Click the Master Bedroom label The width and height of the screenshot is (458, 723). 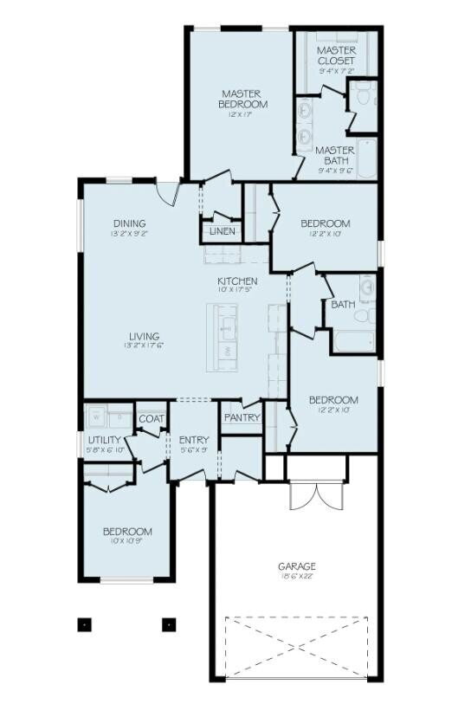point(242,99)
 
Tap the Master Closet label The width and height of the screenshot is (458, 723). point(336,56)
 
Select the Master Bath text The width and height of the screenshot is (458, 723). point(335,155)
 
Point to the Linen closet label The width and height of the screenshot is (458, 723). point(219,231)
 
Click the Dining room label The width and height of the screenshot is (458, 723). point(128,223)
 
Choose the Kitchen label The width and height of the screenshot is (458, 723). point(236,281)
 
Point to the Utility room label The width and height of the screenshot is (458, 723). point(104,440)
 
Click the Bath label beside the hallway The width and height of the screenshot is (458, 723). point(343,304)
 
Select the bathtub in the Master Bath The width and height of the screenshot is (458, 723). point(366,160)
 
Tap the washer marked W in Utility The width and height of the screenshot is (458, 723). point(96,414)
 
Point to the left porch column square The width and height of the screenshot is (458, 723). point(85,623)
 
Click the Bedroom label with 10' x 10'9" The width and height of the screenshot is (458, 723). point(127,532)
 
